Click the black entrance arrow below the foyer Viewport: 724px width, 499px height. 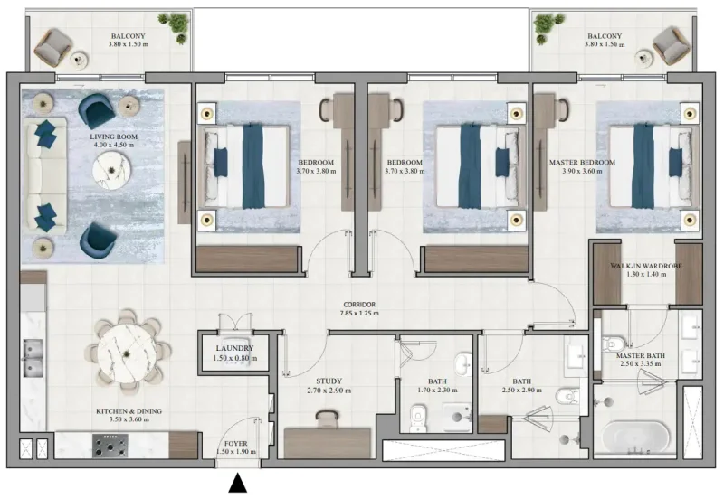(237, 485)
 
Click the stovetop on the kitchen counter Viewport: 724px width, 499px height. (112, 444)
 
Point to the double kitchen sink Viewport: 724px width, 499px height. (34, 356)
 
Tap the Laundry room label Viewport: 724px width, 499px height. (234, 348)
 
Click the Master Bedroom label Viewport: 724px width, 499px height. (582, 163)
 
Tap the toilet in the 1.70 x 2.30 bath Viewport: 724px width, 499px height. (417, 417)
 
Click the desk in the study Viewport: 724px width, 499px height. (327, 440)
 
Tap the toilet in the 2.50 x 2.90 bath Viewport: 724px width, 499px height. (568, 396)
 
